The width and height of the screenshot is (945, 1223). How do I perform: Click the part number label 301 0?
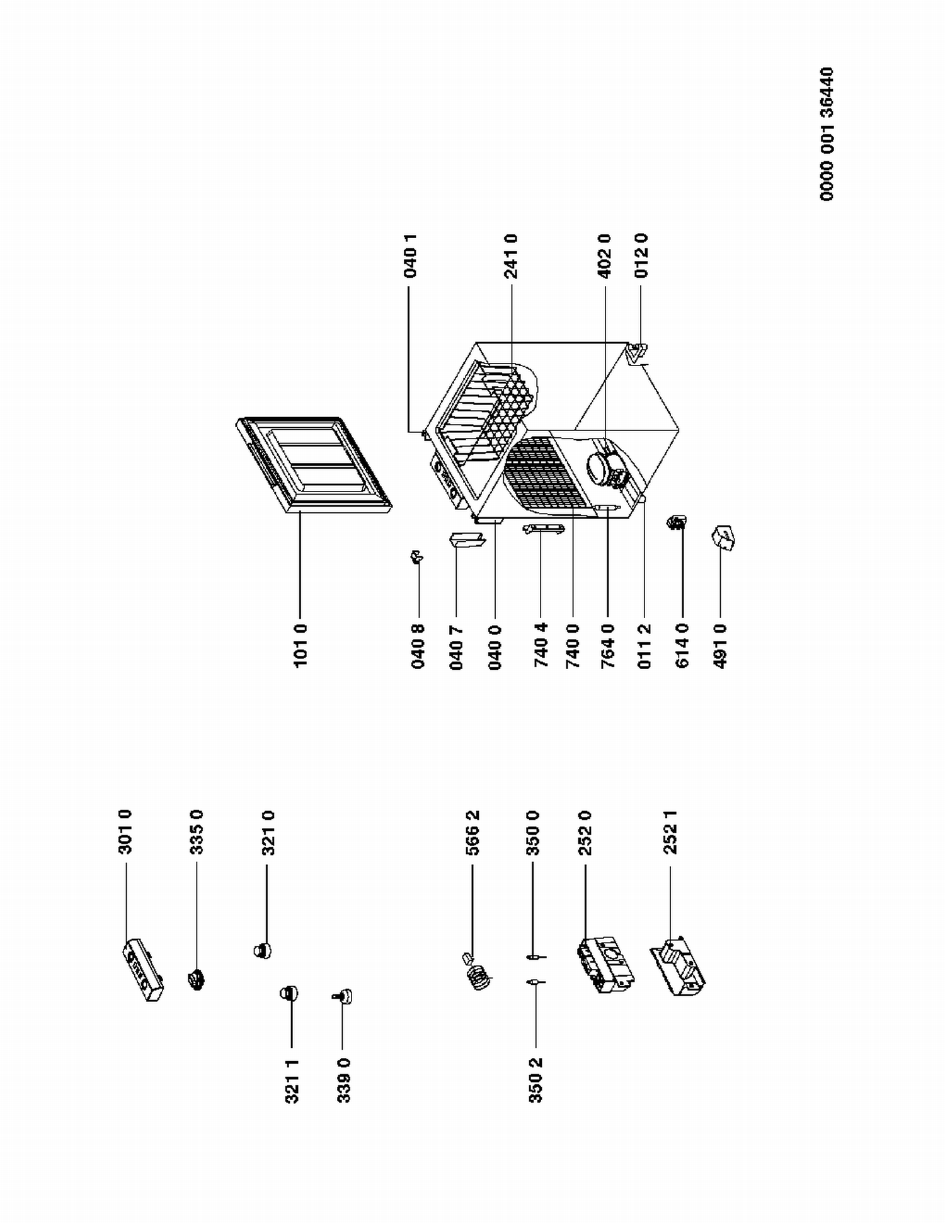[126, 833]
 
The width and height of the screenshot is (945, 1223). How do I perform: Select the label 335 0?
[197, 833]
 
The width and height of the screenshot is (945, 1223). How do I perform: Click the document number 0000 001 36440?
[827, 134]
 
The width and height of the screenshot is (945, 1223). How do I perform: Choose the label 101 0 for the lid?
[301, 646]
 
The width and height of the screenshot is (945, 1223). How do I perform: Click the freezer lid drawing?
[313, 465]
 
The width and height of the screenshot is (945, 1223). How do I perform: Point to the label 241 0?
[511, 256]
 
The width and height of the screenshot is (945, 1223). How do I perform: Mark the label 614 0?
[682, 646]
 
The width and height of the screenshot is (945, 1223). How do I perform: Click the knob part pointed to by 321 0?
[262, 950]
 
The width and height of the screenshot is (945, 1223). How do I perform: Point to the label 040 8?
[418, 646]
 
